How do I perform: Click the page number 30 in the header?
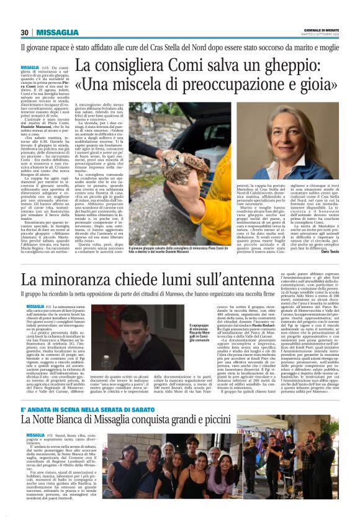[25, 32]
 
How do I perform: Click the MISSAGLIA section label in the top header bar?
[57, 32]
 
